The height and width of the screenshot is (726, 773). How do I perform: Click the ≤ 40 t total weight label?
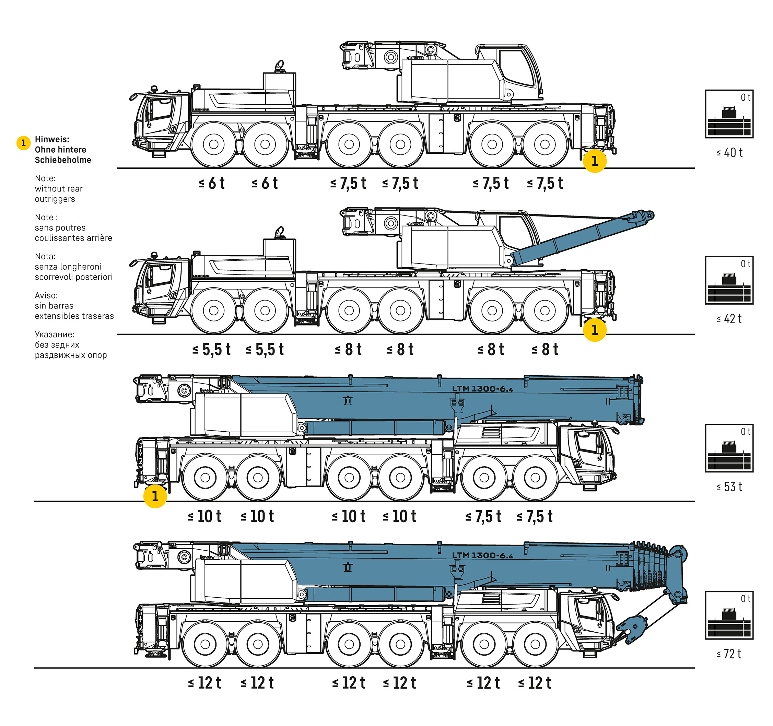729,152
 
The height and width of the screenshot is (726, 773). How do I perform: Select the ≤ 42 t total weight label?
729,319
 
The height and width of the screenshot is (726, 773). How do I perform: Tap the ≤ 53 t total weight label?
729,487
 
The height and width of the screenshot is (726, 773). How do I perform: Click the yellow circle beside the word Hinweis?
23,143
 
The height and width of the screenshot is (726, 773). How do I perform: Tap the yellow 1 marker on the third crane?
155,496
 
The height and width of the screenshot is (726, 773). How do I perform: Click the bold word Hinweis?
52,139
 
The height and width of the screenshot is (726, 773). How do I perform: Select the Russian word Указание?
55,335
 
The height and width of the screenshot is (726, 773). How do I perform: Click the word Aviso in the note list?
46,295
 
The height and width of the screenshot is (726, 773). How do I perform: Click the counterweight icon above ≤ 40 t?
729,114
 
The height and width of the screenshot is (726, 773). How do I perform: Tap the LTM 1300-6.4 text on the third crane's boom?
482,388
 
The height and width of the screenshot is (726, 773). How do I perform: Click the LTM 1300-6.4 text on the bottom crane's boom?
482,555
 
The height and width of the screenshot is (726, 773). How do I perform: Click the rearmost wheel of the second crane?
545,311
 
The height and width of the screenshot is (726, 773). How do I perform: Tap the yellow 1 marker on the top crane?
595,161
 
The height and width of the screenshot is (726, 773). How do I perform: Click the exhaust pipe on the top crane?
279,66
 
